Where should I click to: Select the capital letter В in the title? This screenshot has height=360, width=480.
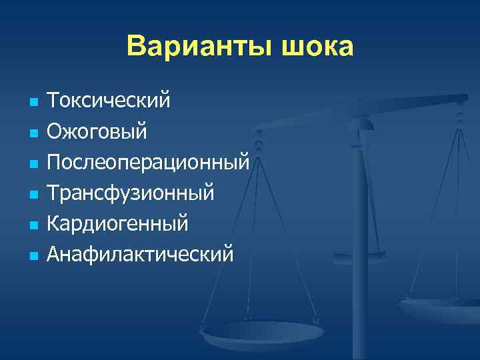(x=135, y=47)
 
